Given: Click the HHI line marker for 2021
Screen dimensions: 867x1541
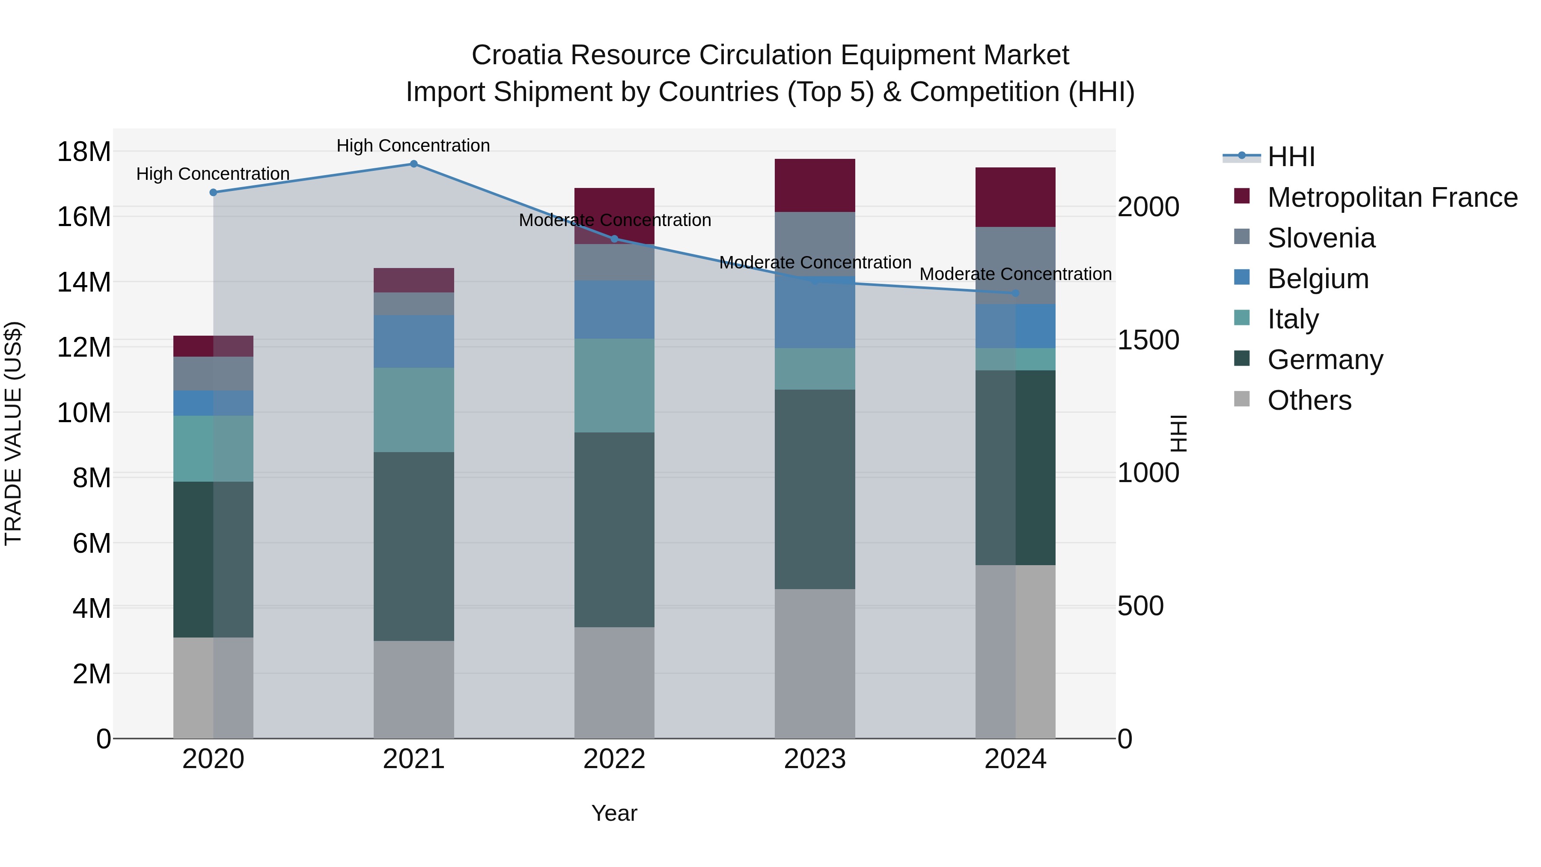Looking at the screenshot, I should click(x=414, y=164).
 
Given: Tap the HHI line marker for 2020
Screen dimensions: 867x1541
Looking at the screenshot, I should click(x=213, y=192).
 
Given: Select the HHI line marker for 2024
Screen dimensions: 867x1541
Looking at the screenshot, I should click(x=1015, y=293).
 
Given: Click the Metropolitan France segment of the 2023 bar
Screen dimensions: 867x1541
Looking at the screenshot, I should click(x=815, y=185).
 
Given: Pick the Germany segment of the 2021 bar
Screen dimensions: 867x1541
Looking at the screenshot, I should click(x=414, y=546).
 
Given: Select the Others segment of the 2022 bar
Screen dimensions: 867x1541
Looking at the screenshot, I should click(x=614, y=682).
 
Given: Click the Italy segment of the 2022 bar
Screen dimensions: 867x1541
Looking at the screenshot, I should click(x=614, y=385).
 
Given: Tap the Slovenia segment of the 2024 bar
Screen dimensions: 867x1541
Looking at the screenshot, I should click(x=1015, y=265).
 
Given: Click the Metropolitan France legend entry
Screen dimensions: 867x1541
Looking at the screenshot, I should click(x=1392, y=197).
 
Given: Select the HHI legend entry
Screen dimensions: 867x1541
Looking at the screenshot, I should click(x=1291, y=157).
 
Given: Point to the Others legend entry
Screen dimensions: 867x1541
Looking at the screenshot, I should click(x=1309, y=400).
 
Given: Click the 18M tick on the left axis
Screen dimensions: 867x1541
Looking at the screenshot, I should click(x=84, y=152).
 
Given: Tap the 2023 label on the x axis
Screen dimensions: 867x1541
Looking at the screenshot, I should click(x=815, y=759).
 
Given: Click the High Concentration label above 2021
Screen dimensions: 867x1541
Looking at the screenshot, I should click(x=414, y=146).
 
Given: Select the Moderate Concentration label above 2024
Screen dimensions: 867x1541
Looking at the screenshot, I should click(x=1015, y=274).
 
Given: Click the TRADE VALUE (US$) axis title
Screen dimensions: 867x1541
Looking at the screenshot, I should click(x=13, y=433).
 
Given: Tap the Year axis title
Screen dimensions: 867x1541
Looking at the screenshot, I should click(x=614, y=813).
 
